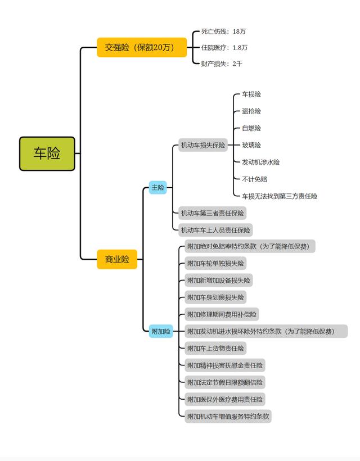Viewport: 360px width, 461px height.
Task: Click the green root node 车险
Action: [x=47, y=153]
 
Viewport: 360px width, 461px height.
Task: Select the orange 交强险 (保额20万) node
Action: [x=142, y=47]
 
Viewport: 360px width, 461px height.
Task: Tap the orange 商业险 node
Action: [x=117, y=259]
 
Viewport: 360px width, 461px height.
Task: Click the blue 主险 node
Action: [x=158, y=188]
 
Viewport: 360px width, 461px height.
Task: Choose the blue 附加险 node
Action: [x=161, y=332]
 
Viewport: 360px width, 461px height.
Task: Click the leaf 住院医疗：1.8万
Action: [x=224, y=48]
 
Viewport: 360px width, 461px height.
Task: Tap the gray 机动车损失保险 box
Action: [x=202, y=146]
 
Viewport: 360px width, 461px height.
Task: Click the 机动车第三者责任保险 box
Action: [x=212, y=213]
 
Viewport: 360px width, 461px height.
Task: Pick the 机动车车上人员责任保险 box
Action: [x=215, y=229]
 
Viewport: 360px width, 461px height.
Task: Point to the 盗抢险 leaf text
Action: [x=251, y=111]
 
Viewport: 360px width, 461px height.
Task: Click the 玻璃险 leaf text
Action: [x=251, y=145]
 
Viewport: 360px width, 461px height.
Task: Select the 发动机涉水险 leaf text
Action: [x=260, y=162]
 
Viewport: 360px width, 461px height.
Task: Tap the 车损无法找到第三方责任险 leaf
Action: [x=280, y=196]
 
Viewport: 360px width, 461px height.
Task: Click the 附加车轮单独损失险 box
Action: [x=216, y=263]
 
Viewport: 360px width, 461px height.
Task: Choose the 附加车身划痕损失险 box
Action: [x=216, y=297]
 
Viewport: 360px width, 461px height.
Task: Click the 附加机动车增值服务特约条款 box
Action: [x=228, y=417]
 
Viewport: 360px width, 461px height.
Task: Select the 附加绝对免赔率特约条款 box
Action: [x=250, y=246]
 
